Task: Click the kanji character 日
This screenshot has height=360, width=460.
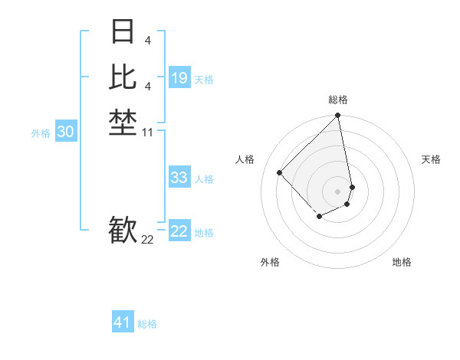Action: point(123,32)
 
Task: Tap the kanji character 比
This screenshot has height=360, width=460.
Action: point(123,77)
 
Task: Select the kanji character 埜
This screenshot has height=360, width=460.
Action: point(123,122)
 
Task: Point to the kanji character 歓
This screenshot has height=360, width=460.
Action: point(123,230)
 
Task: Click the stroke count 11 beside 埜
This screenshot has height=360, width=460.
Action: point(148,133)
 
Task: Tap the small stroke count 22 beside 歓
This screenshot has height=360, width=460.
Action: point(148,240)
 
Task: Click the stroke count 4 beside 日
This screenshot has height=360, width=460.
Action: point(147,39)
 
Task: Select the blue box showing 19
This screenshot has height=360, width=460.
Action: point(179,78)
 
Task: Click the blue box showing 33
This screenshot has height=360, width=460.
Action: point(179,178)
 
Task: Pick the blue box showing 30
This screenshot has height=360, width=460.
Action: point(66,132)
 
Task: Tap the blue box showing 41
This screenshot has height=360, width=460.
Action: point(123,322)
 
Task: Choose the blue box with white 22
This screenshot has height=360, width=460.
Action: point(179,231)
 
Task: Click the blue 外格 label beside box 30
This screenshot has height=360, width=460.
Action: point(41,133)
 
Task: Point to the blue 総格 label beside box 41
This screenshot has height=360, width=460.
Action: point(147,325)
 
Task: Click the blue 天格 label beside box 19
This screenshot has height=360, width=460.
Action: point(204,80)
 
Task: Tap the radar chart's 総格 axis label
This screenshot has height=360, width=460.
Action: point(338,100)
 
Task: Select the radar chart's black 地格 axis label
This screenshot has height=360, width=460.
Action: point(402,263)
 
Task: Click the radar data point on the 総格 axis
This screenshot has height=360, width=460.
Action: point(338,116)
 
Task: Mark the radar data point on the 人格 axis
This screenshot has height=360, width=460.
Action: point(280,172)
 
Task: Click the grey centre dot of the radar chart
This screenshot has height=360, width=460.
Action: point(338,191)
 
